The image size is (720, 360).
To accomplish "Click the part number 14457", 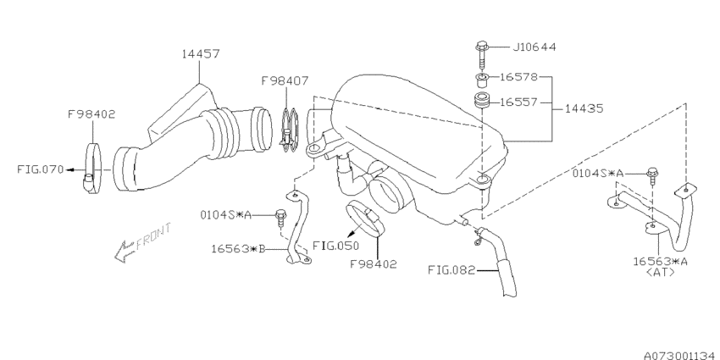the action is pos(201,53).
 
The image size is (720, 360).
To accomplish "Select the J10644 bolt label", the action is pos(534,47).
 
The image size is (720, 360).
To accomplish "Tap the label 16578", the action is pos(518,77).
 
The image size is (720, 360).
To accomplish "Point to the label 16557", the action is pos(518,102).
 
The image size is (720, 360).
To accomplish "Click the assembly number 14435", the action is pos(584,108).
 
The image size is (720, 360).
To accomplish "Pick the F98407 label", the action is pos(285,81).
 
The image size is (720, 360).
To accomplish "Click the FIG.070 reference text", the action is pos(41,169).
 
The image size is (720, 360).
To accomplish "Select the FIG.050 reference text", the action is pos(335,246).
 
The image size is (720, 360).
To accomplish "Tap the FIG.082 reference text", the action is pos(451,270).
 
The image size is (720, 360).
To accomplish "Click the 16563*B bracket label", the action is pos(239,249).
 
